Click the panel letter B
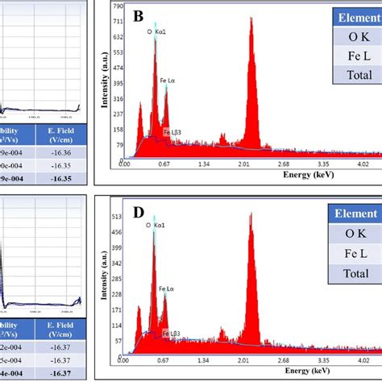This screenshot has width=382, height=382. coord(138,16)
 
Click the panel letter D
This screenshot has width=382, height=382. coord(138,213)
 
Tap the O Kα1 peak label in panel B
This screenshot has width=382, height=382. coord(154,31)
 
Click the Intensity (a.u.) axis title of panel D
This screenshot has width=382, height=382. coord(106,277)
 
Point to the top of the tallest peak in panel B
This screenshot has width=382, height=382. coord(251,19)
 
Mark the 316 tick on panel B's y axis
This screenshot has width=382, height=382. coord(118,99)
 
